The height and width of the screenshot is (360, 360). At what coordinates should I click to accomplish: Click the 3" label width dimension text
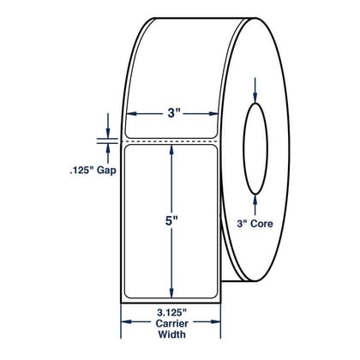coord(171,114)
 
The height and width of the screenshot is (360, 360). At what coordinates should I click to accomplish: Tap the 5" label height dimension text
coord(171,221)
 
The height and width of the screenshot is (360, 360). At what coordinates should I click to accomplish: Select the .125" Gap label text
coord(93,171)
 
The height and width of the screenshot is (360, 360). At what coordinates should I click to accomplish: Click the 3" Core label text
coord(255,224)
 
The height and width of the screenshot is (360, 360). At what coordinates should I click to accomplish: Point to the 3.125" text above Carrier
coord(172,313)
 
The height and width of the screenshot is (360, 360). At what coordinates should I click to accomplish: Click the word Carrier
coord(172,323)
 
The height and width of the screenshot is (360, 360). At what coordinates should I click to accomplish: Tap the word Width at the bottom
coord(172,334)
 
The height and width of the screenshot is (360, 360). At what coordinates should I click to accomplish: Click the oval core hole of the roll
coord(267,148)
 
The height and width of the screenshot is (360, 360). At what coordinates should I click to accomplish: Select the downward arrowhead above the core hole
coord(255,98)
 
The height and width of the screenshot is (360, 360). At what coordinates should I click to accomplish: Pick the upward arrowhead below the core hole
coord(255,200)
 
